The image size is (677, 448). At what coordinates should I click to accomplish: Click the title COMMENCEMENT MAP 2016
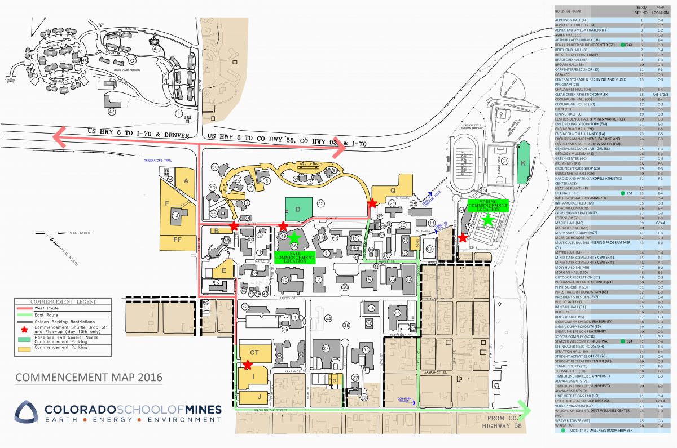89,376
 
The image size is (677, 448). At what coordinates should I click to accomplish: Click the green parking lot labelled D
298,210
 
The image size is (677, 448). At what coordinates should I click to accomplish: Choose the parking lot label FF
177,239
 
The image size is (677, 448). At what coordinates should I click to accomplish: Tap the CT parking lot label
254,352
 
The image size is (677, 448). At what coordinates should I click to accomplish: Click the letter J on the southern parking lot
259,397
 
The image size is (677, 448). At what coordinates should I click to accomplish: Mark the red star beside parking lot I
247,365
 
